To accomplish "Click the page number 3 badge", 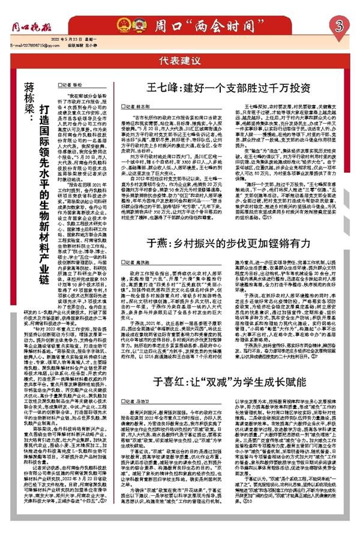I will click(x=340, y=26).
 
